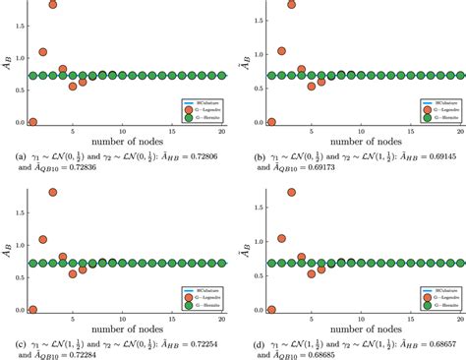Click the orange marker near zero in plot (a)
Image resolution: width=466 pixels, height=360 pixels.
(32, 123)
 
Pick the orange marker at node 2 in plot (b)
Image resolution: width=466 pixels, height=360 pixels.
(282, 50)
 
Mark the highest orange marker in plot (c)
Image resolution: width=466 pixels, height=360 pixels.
(52, 192)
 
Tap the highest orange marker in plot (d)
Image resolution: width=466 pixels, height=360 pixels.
(291, 192)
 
